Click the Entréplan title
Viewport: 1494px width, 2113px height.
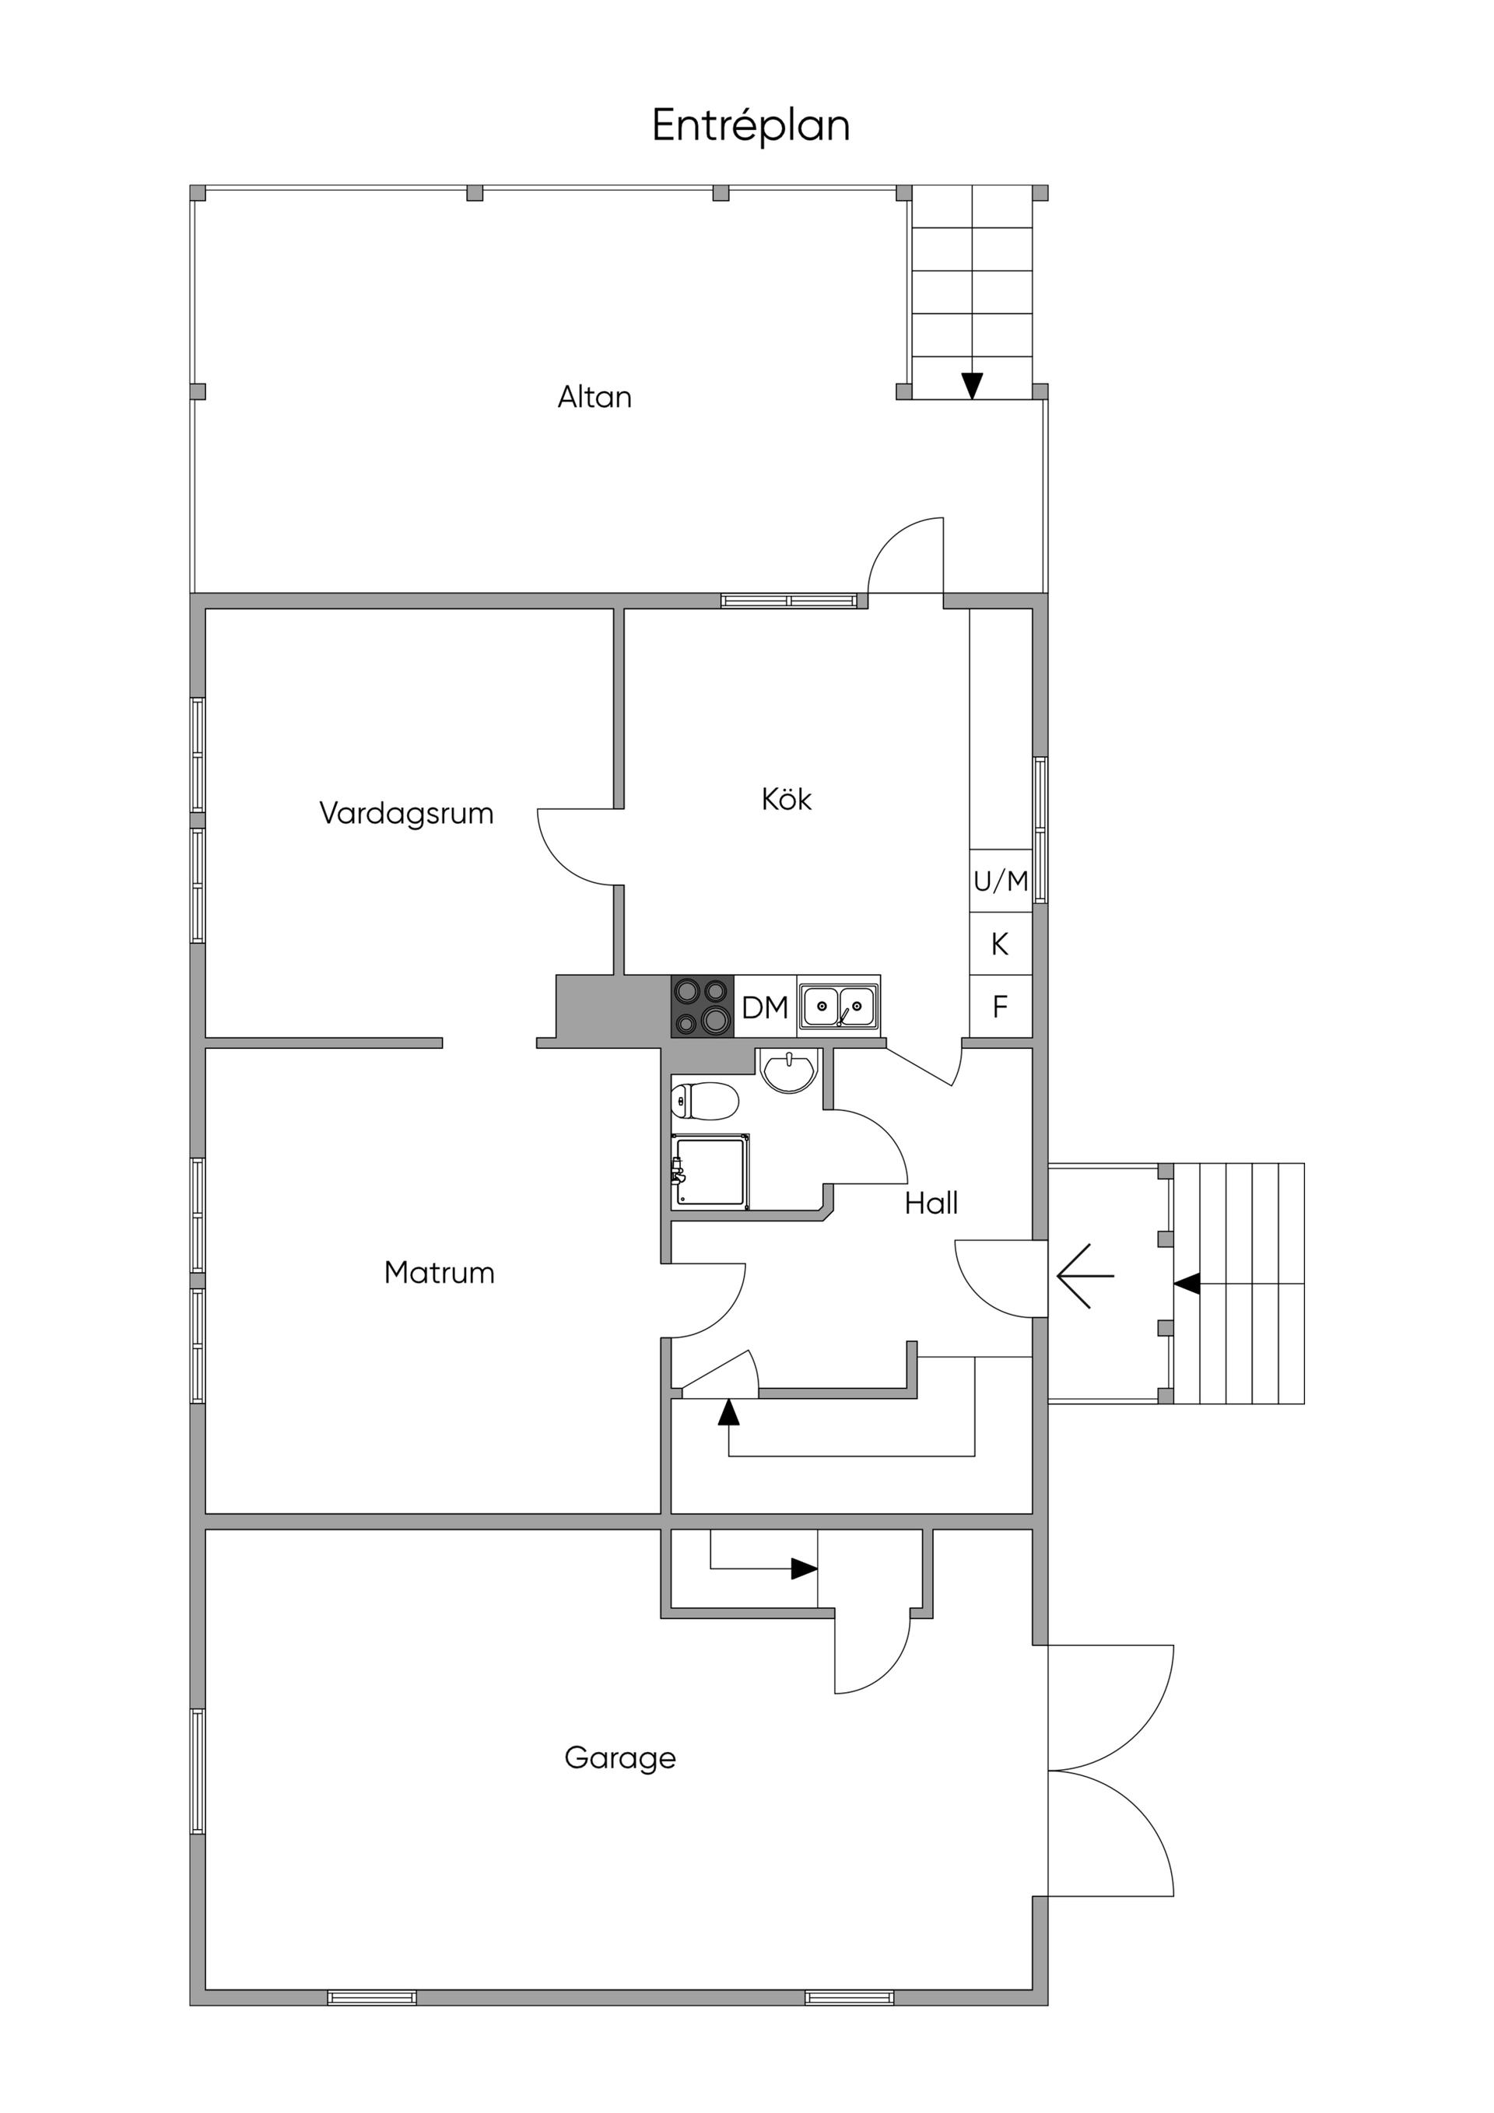coord(750,126)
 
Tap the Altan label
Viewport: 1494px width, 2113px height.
coord(594,397)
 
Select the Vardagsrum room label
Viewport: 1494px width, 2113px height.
coord(406,814)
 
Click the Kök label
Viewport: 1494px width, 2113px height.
coord(786,798)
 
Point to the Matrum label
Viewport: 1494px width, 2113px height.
coord(439,1273)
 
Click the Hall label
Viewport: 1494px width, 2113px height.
coord(931,1203)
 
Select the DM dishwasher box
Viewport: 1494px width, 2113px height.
coord(765,1007)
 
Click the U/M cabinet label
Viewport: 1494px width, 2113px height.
coord(1001,881)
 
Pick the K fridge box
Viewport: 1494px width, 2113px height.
coord(1001,943)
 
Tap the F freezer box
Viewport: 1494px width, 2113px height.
coord(1001,1007)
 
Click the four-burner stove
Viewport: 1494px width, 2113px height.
coord(703,1007)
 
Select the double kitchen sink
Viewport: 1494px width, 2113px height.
coord(839,1006)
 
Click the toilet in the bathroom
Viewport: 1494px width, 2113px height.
coord(705,1102)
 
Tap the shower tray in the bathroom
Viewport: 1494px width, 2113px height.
coord(710,1172)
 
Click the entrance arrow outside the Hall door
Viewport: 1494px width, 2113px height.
coord(1085,1276)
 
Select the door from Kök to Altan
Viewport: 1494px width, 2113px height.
coord(907,555)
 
